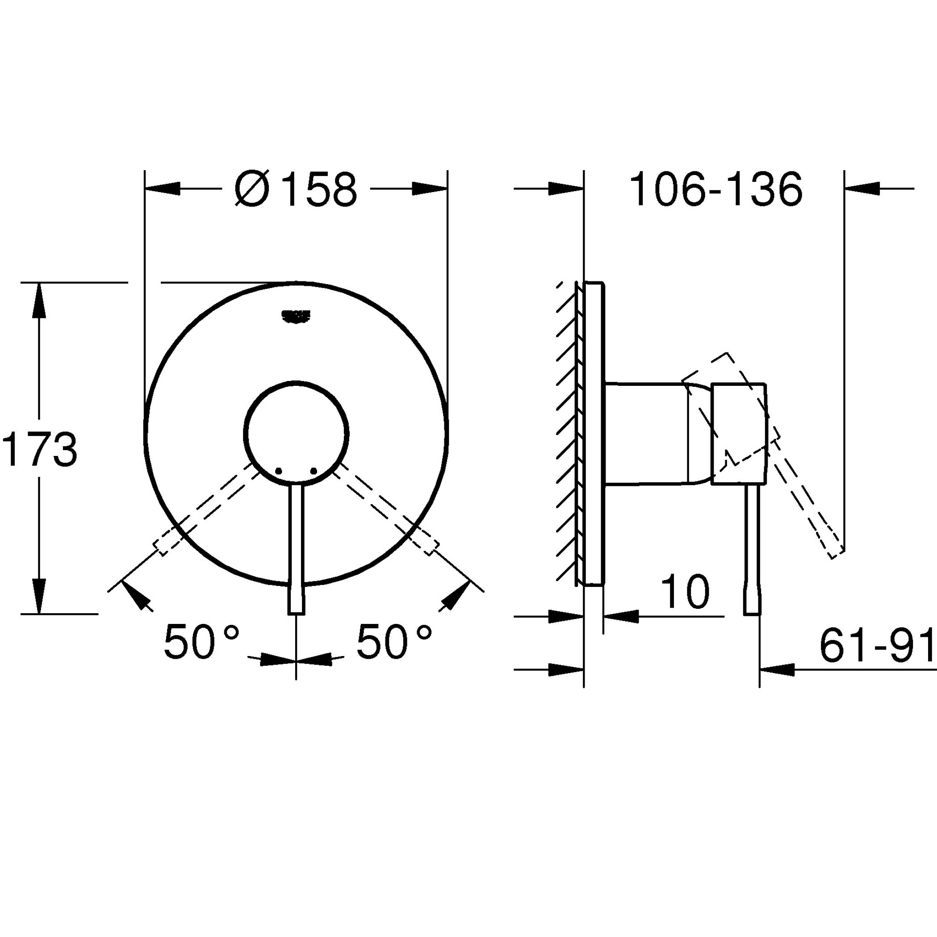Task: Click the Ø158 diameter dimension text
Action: point(296,189)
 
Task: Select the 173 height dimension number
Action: point(40,450)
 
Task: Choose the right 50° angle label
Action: point(394,642)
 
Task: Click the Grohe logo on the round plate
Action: point(295,316)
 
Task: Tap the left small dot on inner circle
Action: point(278,471)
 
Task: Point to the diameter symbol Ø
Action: point(252,189)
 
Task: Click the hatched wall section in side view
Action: point(566,431)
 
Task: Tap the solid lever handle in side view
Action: point(752,548)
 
